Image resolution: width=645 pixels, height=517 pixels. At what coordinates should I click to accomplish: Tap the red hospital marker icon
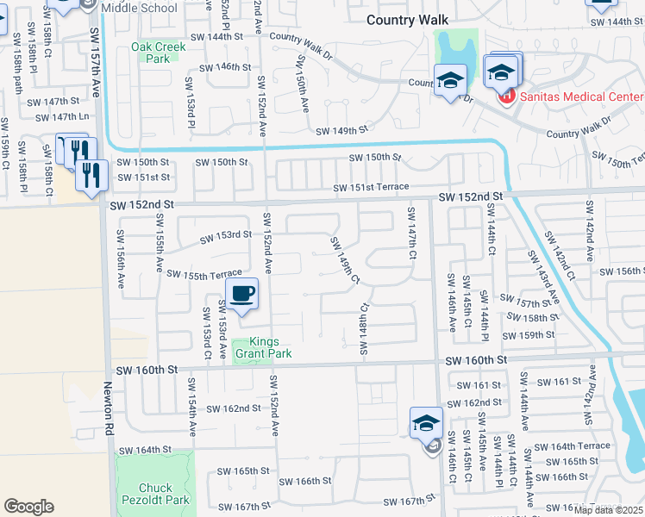pos(506,95)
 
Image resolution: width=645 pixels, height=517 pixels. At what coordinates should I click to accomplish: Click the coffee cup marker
pos(241,293)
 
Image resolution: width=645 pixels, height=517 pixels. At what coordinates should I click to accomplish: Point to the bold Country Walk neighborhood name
pos(408,20)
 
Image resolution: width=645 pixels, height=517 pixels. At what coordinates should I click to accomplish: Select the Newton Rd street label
pos(109,408)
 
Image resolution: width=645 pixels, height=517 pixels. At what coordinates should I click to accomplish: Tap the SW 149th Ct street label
pos(344,260)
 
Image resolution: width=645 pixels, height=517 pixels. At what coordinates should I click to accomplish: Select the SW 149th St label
pos(341,131)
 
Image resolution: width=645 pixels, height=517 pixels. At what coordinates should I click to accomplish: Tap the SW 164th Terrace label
pos(572,446)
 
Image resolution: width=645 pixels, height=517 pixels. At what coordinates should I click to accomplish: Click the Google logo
pos(28,506)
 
